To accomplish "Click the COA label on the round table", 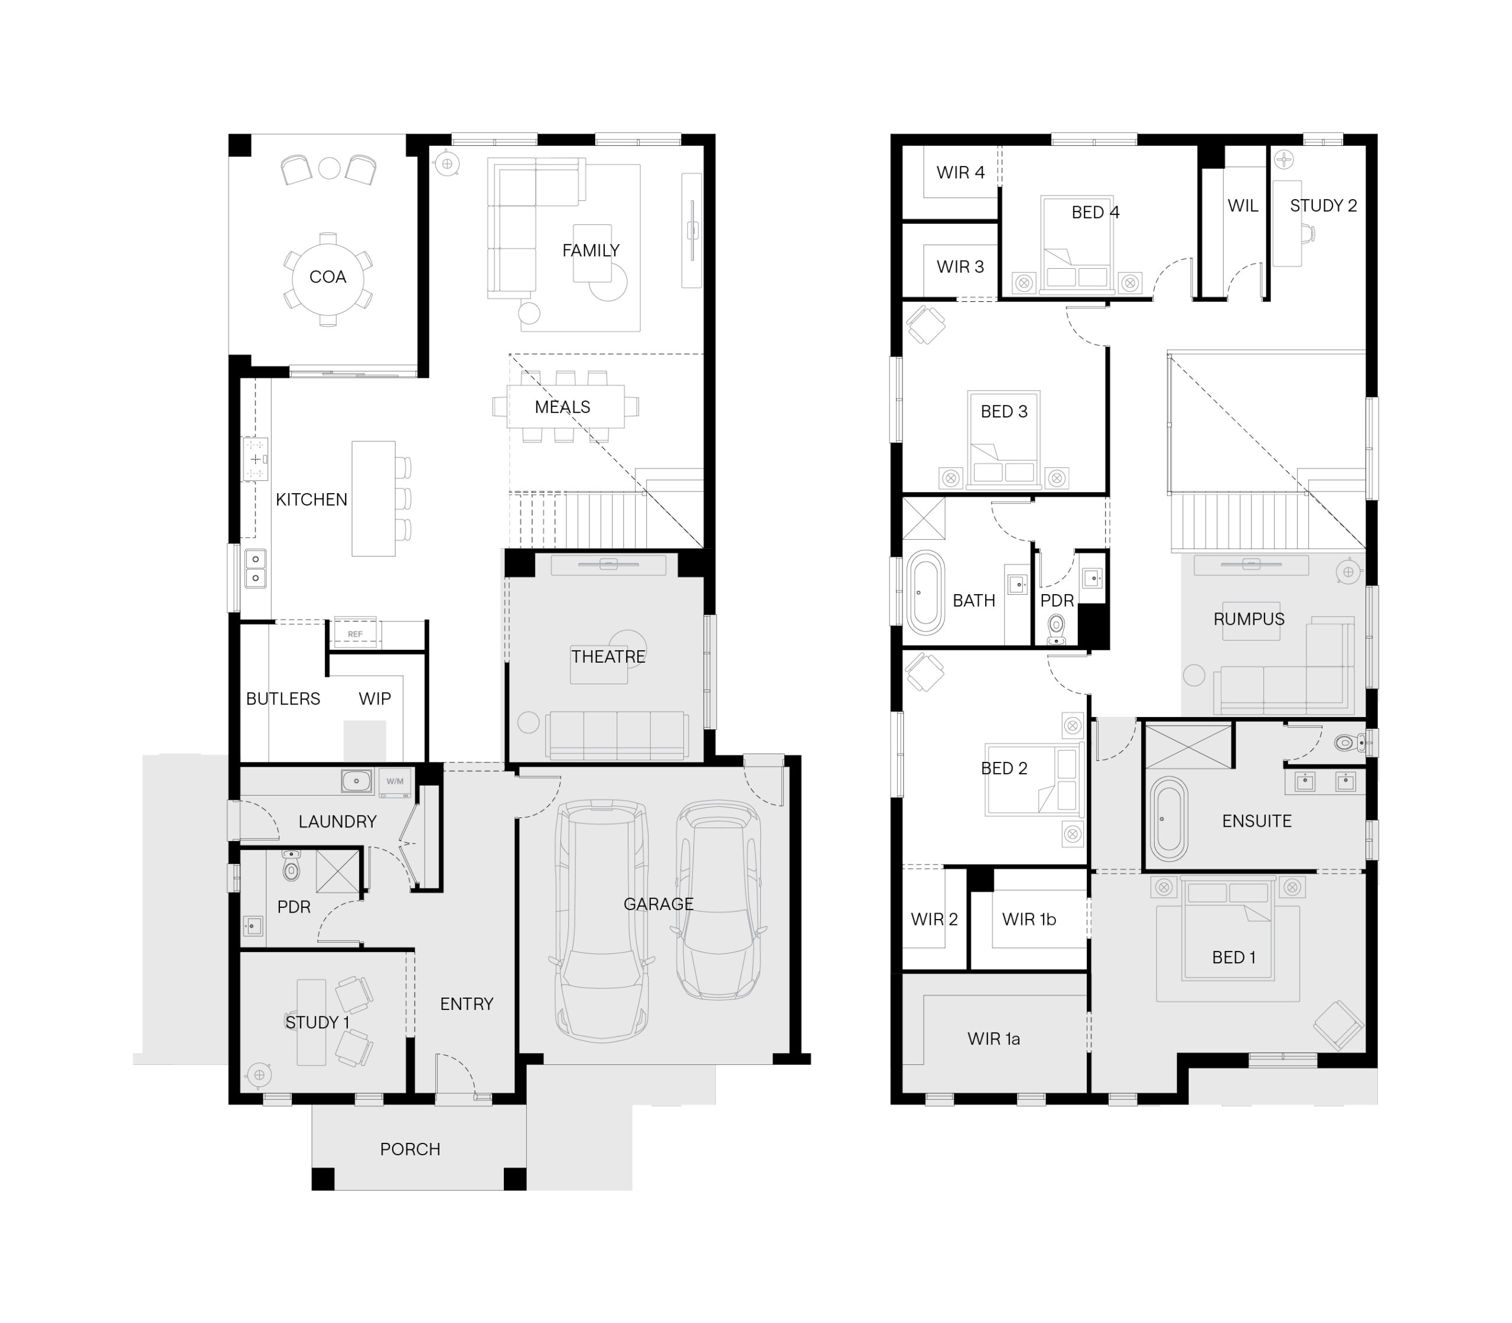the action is pyautogui.click(x=327, y=277).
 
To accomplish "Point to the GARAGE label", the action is pyautogui.click(x=659, y=904).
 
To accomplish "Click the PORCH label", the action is pyautogui.click(x=410, y=1149).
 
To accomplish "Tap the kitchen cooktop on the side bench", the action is pyautogui.click(x=255, y=460).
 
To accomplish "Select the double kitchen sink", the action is pyautogui.click(x=255, y=569).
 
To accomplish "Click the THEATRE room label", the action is pyautogui.click(x=608, y=656).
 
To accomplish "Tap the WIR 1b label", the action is pyautogui.click(x=1028, y=919).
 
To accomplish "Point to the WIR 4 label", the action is pyautogui.click(x=960, y=172).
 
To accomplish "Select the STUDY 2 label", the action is pyautogui.click(x=1323, y=206).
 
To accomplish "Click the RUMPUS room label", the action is pyautogui.click(x=1249, y=619).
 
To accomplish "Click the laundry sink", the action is pyautogui.click(x=357, y=780).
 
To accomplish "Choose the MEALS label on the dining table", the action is pyautogui.click(x=562, y=407).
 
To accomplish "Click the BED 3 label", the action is pyautogui.click(x=1003, y=411).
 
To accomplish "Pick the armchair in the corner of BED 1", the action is pyautogui.click(x=1338, y=1025).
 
